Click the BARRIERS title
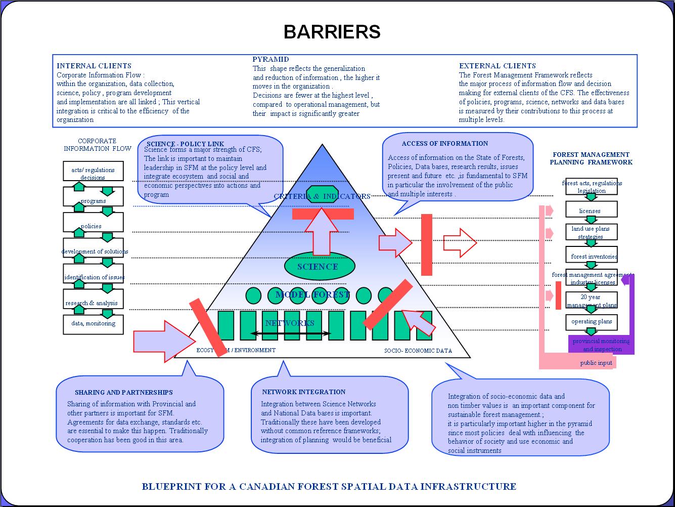[x=332, y=32]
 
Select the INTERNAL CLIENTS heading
[x=94, y=66]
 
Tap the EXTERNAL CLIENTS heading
[x=497, y=66]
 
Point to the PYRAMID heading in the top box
[x=271, y=59]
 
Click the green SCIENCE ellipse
[x=318, y=267]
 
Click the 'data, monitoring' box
[x=93, y=324]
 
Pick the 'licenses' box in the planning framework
[x=590, y=210]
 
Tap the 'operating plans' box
[x=592, y=322]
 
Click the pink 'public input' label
[x=596, y=363]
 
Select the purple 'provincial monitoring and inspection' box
[x=601, y=345]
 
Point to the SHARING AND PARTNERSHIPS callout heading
[x=124, y=393]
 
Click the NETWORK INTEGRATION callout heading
[x=303, y=392]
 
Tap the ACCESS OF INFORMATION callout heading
[x=445, y=144]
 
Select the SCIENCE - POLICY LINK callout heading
[x=185, y=144]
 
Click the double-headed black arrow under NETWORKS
[x=291, y=333]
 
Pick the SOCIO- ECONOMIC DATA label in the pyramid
[x=418, y=351]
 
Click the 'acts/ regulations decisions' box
[x=93, y=173]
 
